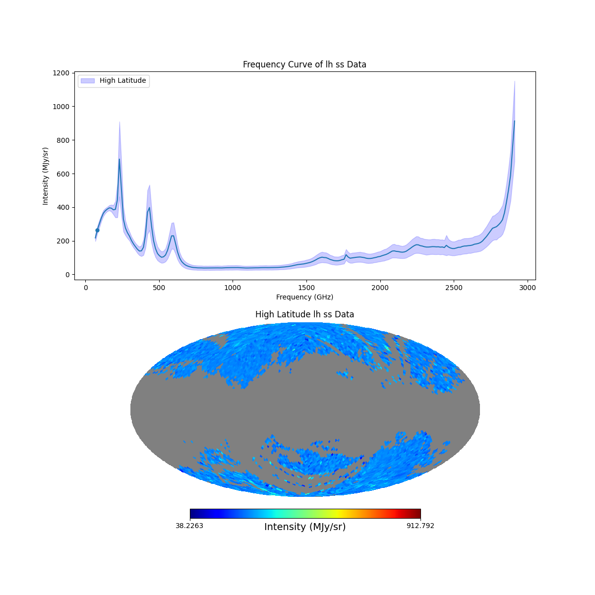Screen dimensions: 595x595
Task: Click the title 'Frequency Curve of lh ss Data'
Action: point(304,64)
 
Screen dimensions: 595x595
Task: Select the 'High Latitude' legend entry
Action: point(122,80)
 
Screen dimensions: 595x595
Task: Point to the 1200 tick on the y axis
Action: point(62,73)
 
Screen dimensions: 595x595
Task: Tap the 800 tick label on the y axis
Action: point(62,140)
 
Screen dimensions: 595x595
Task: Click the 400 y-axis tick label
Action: point(62,207)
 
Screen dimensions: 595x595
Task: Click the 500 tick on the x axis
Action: point(159,288)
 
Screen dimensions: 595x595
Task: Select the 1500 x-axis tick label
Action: point(306,288)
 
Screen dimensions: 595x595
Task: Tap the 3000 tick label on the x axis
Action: point(528,288)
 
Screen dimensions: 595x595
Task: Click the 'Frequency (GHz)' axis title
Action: point(304,297)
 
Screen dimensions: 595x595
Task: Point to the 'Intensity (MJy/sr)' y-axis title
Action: point(46,176)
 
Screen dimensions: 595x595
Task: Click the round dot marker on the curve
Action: point(97,230)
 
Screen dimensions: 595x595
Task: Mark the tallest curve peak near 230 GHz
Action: point(119,160)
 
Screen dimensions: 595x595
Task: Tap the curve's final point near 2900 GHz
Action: point(514,121)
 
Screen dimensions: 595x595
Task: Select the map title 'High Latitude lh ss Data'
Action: point(304,314)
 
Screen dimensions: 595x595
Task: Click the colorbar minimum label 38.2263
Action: point(189,526)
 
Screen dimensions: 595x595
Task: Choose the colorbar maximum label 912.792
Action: point(420,526)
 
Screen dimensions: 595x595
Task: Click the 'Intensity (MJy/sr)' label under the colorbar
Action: point(305,527)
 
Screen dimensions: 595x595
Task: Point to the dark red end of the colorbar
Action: point(417,514)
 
